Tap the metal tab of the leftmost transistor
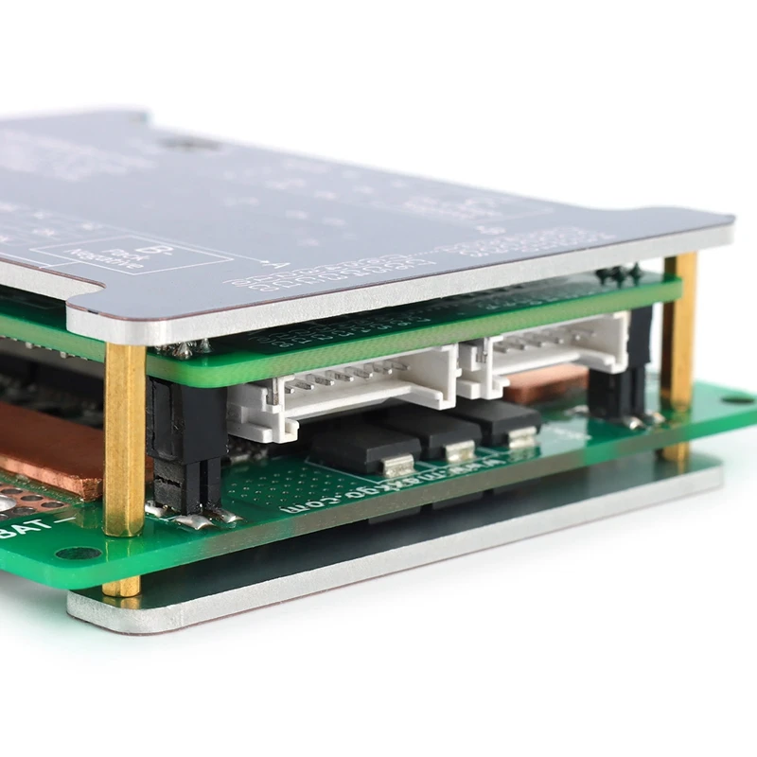[x=396, y=466]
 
